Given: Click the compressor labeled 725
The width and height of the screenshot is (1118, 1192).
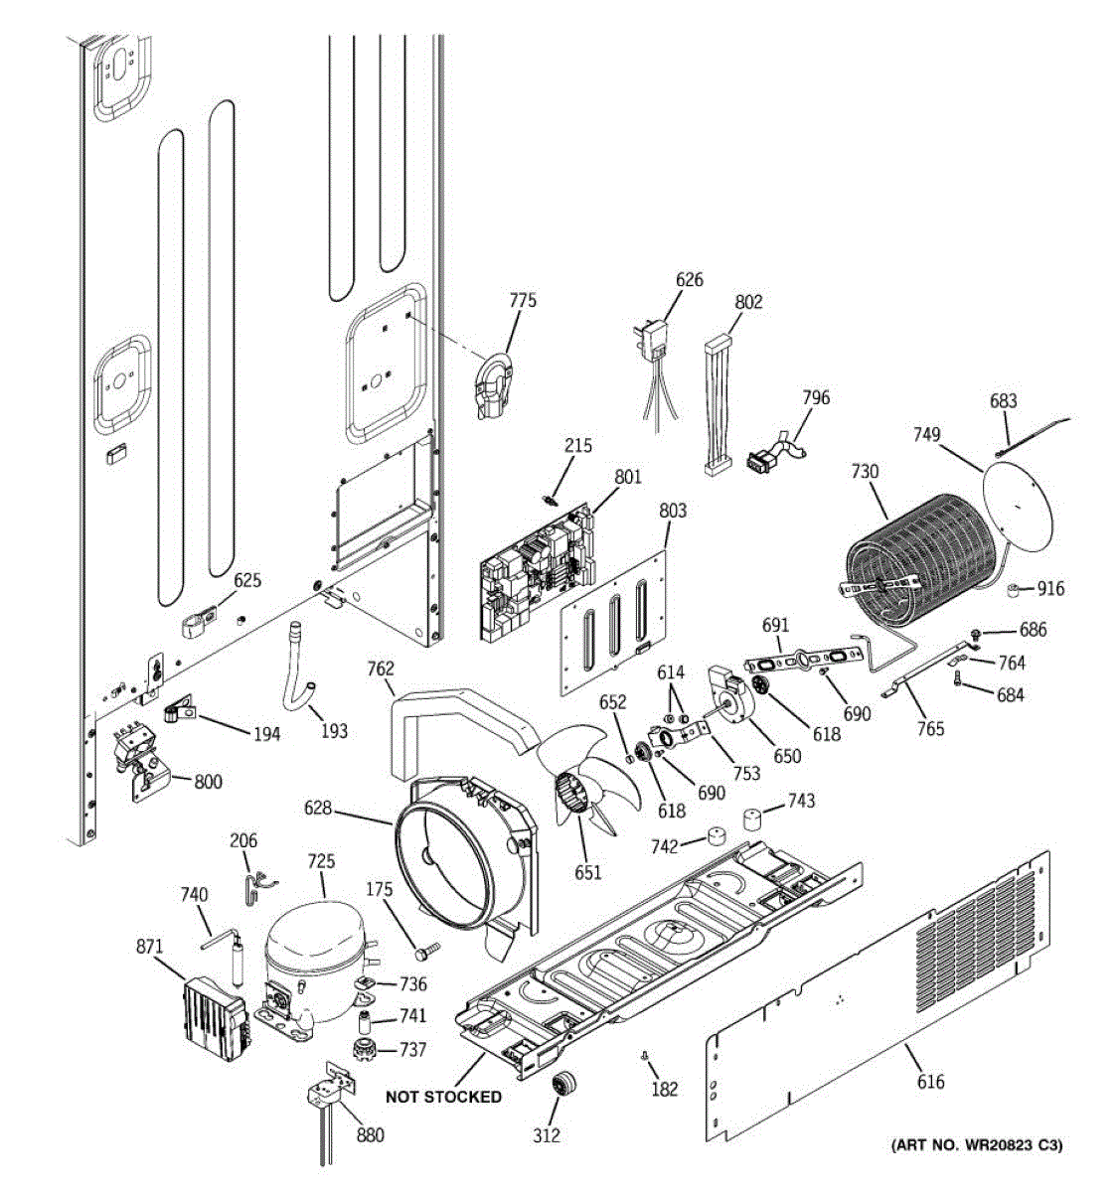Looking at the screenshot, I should click(x=313, y=953).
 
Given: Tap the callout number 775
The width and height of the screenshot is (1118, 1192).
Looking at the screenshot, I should click(x=523, y=300).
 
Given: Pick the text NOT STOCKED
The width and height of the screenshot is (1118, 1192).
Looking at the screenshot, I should click(x=443, y=1097).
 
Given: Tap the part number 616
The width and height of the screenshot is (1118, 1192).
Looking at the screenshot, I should click(x=930, y=1082).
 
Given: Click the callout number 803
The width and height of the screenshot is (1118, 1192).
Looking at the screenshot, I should click(x=673, y=511).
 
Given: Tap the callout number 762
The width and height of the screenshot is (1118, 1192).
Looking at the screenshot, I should click(x=380, y=670).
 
